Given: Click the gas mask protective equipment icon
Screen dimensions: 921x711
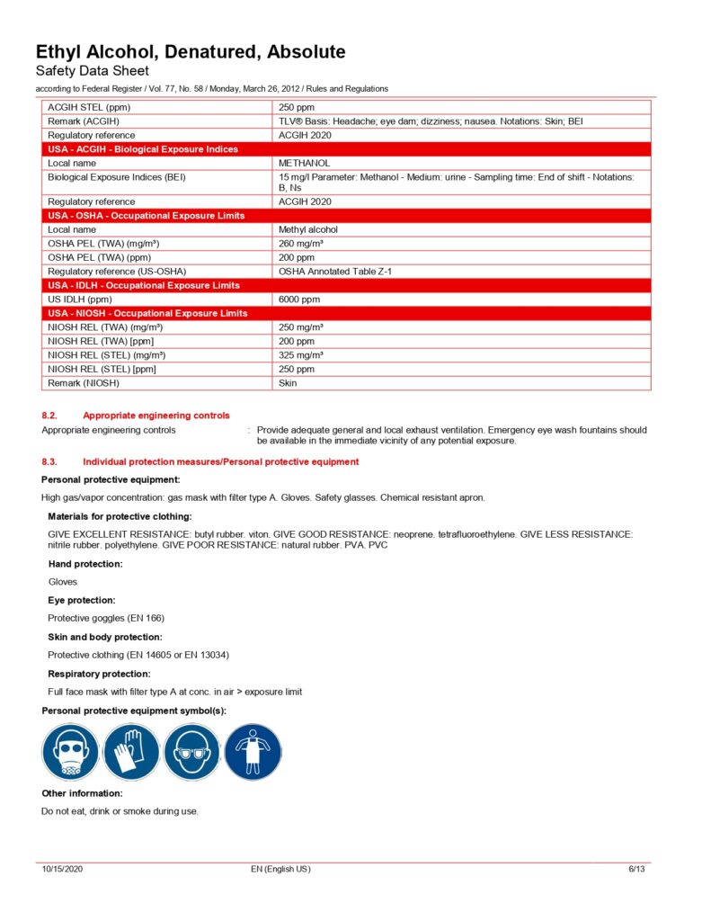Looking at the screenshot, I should (70, 752).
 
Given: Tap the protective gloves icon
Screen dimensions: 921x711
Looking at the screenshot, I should (131, 752).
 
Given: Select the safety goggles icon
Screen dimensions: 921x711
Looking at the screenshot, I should (191, 752).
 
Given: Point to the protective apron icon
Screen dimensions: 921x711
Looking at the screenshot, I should (253, 752).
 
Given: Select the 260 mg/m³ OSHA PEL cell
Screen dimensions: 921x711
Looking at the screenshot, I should (301, 244).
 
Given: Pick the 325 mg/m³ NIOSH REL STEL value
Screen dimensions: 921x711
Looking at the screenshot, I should (301, 355).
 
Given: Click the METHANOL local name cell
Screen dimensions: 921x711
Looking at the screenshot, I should (304, 164).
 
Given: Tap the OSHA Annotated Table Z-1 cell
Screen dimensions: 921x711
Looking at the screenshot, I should (335, 271).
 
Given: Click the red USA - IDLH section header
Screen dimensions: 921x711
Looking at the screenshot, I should (347, 285).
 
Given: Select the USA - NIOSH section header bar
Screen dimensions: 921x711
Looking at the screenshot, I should (347, 313).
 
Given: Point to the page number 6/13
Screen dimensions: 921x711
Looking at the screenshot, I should (636, 869).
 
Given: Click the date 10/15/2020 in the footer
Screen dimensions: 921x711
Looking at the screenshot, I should (62, 869).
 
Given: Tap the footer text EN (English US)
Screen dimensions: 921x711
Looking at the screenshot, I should (280, 869).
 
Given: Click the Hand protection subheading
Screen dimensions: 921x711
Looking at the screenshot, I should (85, 564).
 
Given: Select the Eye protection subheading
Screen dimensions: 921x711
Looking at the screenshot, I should (82, 600).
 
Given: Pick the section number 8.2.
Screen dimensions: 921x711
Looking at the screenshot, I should (49, 416).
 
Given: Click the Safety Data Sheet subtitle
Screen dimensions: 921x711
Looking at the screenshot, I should (92, 71).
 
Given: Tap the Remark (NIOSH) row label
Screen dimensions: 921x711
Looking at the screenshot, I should (83, 383).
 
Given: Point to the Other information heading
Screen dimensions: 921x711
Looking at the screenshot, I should (82, 793).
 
